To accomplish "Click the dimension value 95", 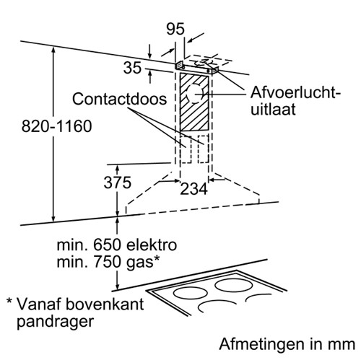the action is [x=175, y=29].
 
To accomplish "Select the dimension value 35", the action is [x=132, y=68].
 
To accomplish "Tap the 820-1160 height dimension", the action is [x=57, y=126].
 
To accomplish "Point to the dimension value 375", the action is [x=118, y=183].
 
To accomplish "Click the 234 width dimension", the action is [x=193, y=189].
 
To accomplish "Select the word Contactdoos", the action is [x=119, y=99].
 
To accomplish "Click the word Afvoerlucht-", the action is [x=295, y=93].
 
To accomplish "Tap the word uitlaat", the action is [x=273, y=110].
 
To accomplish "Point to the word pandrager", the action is [x=55, y=322].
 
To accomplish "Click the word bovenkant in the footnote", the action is [x=105, y=304].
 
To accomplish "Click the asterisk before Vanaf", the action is [x=9, y=301].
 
